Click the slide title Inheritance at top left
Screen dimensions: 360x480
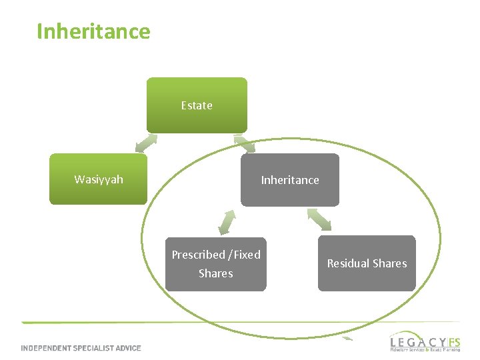click(x=93, y=31)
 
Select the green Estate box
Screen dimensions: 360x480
click(x=197, y=105)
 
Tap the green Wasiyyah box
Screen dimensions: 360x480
click(x=98, y=179)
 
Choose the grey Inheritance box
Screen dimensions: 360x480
click(x=290, y=180)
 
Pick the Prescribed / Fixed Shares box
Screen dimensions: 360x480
click(x=216, y=264)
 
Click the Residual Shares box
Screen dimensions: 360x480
click(x=367, y=263)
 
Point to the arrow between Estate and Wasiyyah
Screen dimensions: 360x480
click(x=146, y=143)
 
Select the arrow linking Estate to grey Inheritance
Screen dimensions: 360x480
click(x=245, y=144)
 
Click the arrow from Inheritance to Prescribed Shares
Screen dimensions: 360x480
click(x=227, y=222)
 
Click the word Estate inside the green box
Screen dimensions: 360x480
click(x=197, y=105)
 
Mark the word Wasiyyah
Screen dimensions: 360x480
click(x=99, y=179)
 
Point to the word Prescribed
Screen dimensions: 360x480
click(x=198, y=255)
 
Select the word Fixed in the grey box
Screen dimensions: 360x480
click(x=246, y=255)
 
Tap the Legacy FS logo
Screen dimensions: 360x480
click(x=425, y=341)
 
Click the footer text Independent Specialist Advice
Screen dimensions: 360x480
click(x=81, y=348)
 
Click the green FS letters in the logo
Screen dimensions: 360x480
click(x=453, y=340)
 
